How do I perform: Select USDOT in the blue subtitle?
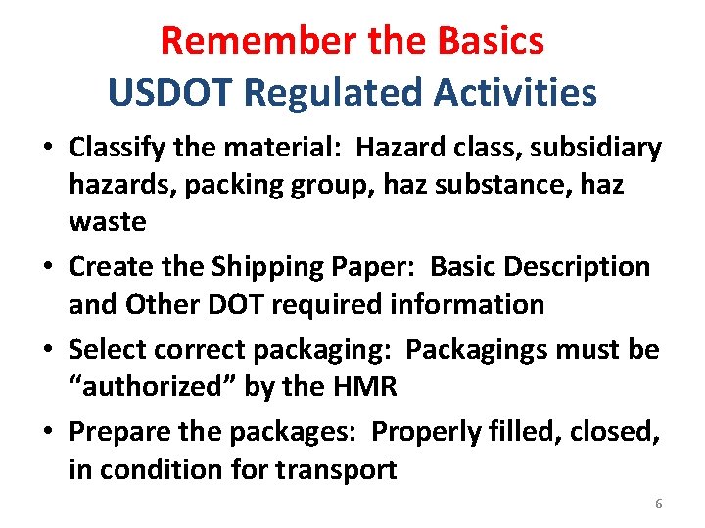click(x=171, y=93)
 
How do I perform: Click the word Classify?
click(x=108, y=149)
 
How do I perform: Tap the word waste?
click(x=108, y=222)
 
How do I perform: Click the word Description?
click(x=583, y=266)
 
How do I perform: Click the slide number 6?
click(x=658, y=504)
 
